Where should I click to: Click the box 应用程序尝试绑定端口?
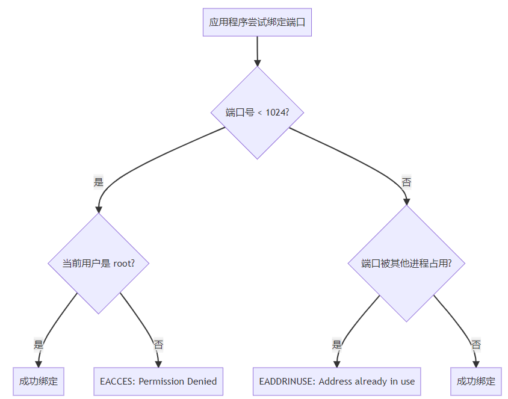pos(257,22)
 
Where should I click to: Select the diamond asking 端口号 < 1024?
pos(257,113)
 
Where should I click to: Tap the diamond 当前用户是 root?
pos(98,263)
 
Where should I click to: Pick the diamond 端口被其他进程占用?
pos(406,263)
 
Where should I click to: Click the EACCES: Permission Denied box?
pos(158,381)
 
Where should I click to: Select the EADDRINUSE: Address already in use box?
pos(336,381)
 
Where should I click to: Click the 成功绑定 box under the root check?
pos(39,381)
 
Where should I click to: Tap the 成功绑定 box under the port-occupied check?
pos(475,381)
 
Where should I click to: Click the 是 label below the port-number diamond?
pos(98,182)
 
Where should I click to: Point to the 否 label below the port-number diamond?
pos(406,182)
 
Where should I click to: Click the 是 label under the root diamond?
pos(39,345)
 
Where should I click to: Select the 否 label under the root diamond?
pos(158,345)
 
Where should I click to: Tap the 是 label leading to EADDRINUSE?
pos(336,345)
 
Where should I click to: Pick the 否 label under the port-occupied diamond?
pos(475,345)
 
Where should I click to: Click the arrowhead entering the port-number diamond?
pos(257,63)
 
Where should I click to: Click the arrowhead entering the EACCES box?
pos(158,363)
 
